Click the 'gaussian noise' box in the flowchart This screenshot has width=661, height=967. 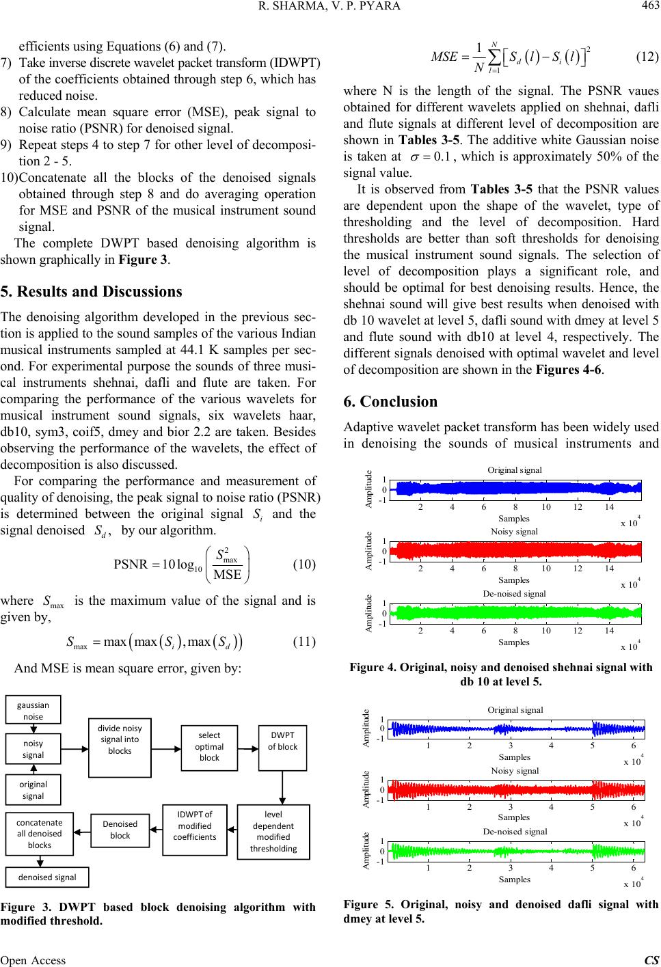tap(33, 709)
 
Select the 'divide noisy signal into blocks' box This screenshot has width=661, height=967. tap(120, 747)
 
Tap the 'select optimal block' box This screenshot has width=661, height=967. tap(209, 746)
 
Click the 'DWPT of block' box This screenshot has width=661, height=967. tap(282, 746)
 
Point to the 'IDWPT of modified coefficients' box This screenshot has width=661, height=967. tap(195, 830)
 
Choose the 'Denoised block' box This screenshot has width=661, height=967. tap(120, 830)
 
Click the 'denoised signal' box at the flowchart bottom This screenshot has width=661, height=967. tap(42, 877)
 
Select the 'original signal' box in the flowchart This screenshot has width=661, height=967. tap(33, 790)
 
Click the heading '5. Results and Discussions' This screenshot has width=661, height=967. tap(92, 292)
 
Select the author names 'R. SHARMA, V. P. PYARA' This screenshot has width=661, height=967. tap(330, 8)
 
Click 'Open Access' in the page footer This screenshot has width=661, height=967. tap(33, 960)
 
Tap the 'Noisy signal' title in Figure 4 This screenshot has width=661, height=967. tap(514, 531)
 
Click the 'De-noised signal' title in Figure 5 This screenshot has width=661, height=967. tap(515, 831)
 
